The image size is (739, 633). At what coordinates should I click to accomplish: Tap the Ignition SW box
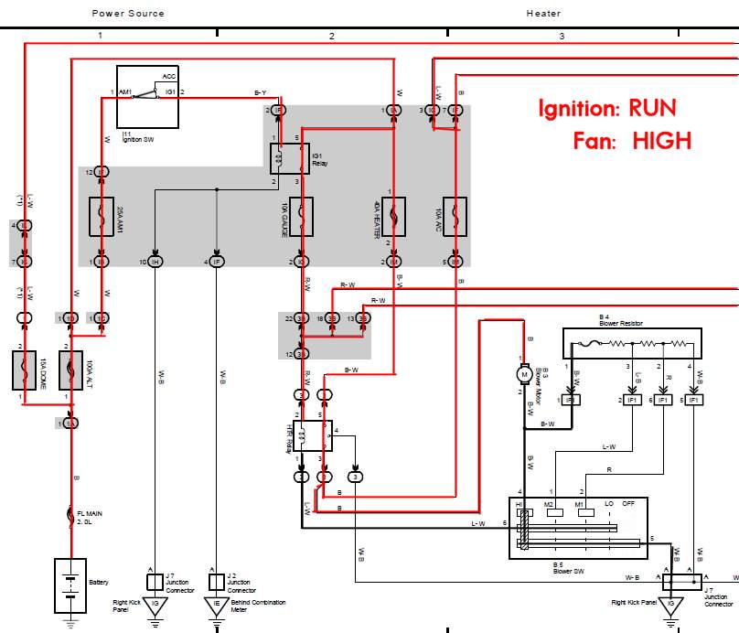pyautogui.click(x=147, y=97)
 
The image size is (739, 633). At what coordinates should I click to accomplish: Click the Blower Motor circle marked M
pyautogui.click(x=525, y=373)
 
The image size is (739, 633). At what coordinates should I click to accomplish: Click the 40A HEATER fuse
pyautogui.click(x=393, y=220)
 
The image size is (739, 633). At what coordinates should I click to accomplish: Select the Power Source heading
pyautogui.click(x=128, y=14)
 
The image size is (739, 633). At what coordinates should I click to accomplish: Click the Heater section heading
pyautogui.click(x=543, y=14)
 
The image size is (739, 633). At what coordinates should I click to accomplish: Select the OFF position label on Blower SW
pyautogui.click(x=629, y=503)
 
